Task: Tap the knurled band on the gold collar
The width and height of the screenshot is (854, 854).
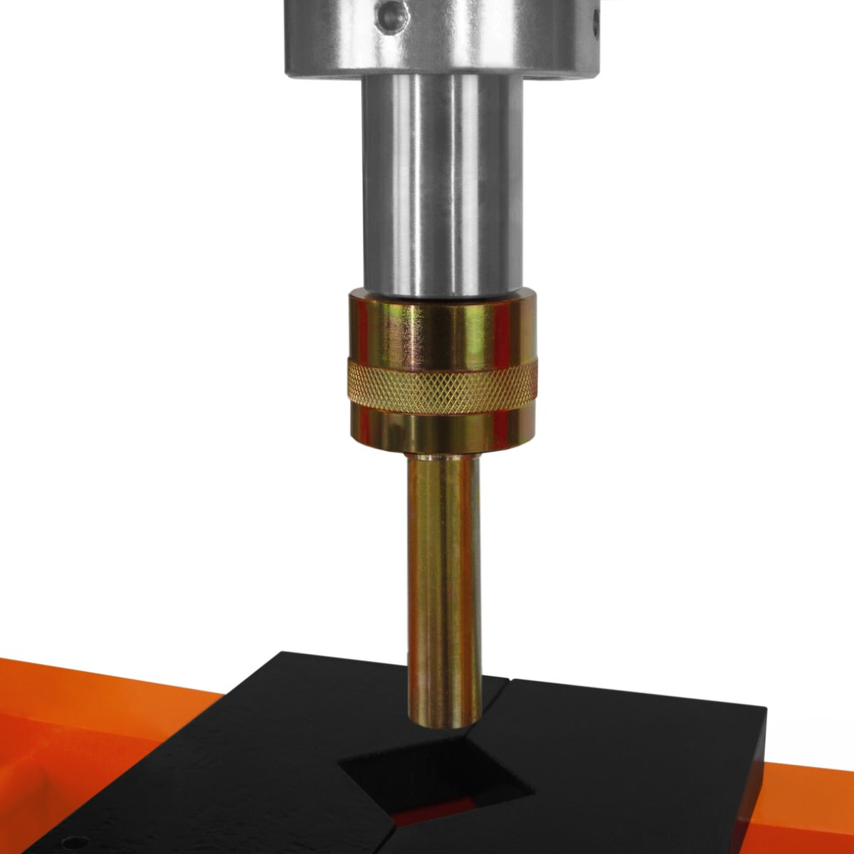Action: [x=442, y=386]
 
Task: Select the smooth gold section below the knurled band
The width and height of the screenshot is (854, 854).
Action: [x=442, y=431]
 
